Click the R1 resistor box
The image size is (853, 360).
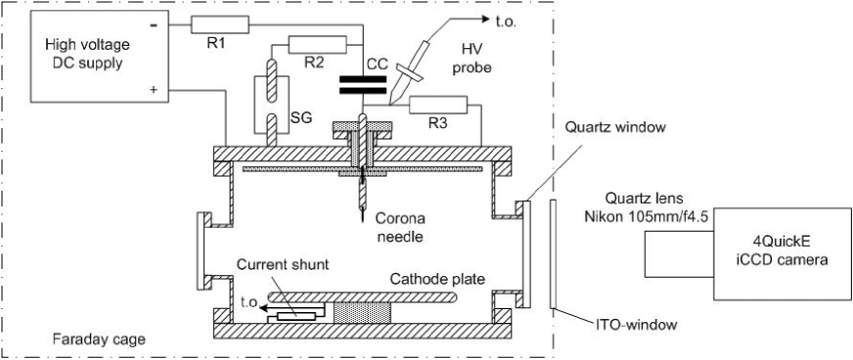220,25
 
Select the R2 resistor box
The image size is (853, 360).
317,45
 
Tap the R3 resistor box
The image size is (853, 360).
438,106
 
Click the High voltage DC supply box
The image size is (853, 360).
99,57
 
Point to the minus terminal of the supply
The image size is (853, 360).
154,25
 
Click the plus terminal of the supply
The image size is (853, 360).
154,90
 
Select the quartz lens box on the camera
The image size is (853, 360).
678,253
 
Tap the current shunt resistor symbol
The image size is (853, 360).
296,317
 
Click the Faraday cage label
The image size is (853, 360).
99,339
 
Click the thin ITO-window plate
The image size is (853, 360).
553,254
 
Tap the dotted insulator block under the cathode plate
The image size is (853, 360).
363,313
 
